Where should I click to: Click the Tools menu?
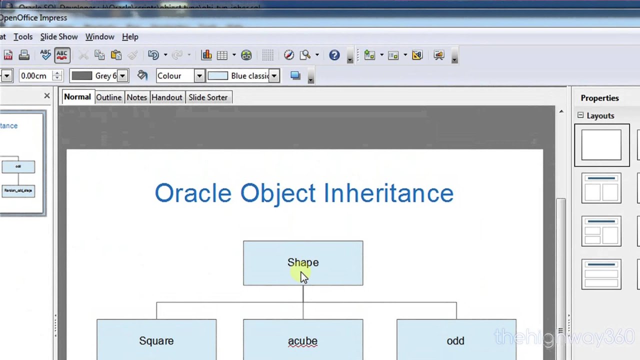tap(23, 37)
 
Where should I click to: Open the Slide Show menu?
tap(59, 37)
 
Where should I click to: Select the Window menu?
tap(99, 37)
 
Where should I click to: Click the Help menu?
tap(130, 37)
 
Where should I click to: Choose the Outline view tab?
tap(108, 97)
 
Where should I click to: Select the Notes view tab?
tap(136, 97)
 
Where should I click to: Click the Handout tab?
tap(166, 97)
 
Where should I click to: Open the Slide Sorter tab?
tap(208, 97)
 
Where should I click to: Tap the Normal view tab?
tap(77, 97)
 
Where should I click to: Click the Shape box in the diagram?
tap(303, 263)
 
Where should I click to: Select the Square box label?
tap(156, 341)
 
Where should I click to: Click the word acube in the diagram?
tap(302, 341)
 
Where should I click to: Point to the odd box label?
tap(455, 341)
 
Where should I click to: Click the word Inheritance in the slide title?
tap(388, 193)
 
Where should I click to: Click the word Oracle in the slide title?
tap(193, 193)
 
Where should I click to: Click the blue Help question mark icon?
tap(334, 55)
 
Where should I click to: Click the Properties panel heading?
tap(599, 98)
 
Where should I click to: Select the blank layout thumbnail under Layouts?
tap(601, 145)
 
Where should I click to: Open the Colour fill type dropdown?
tap(199, 76)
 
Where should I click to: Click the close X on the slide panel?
tap(47, 95)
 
